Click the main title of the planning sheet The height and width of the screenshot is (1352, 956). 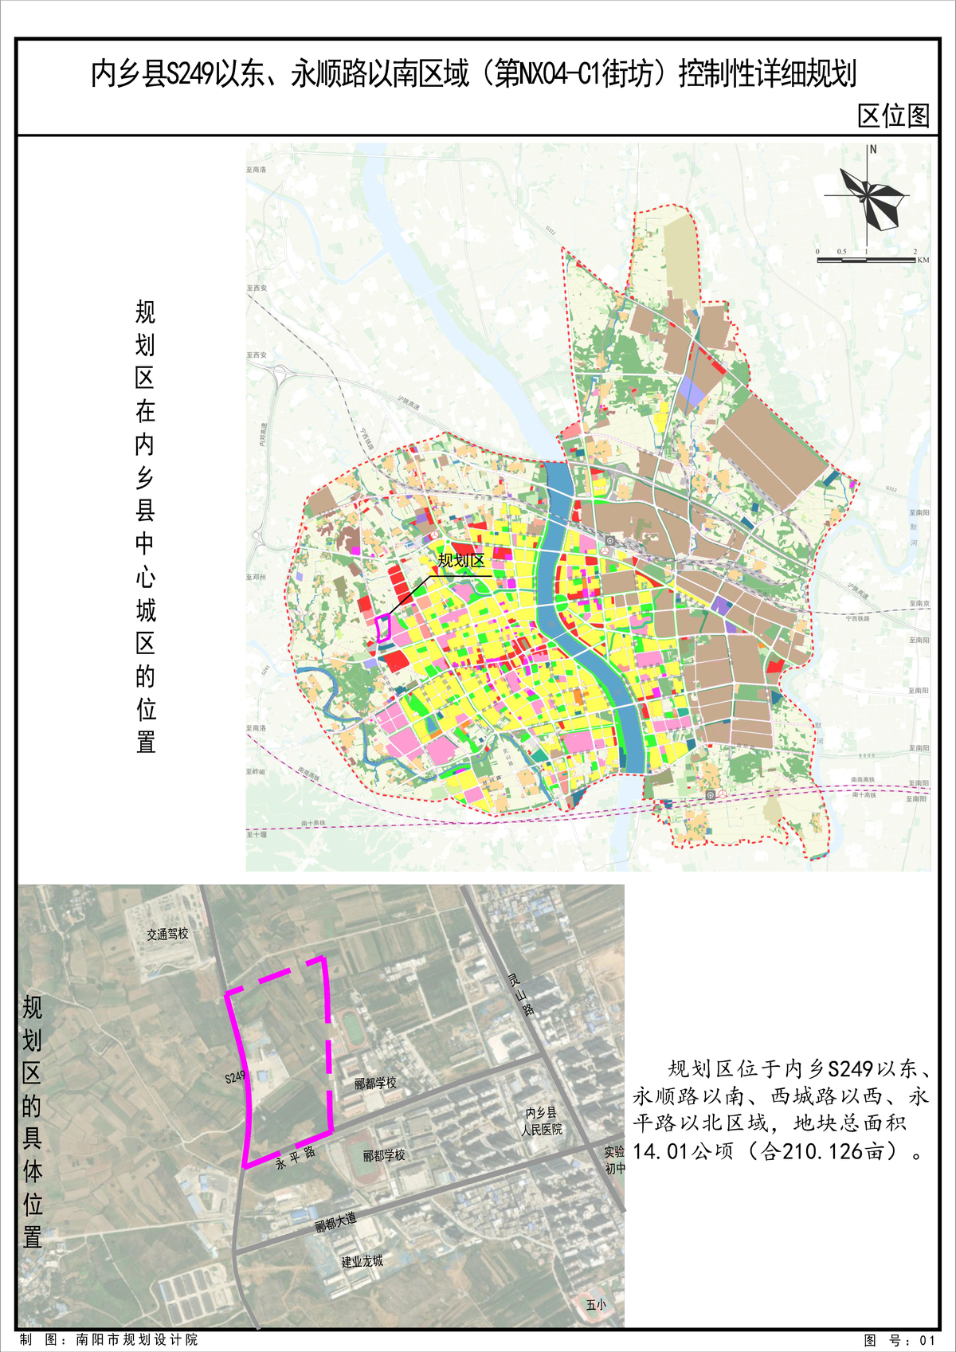pyautogui.click(x=473, y=74)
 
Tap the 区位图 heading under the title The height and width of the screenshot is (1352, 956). pyautogui.click(x=893, y=116)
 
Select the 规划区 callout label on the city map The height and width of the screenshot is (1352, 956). pyautogui.click(x=460, y=561)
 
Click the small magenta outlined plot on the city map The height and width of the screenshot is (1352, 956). pyautogui.click(x=383, y=628)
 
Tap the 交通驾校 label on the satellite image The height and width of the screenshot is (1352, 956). pyautogui.click(x=167, y=934)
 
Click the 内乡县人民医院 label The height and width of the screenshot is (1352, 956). pyautogui.click(x=542, y=1121)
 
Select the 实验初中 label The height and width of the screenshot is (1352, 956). pyautogui.click(x=614, y=1160)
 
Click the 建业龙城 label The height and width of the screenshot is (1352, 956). pyautogui.click(x=362, y=1261)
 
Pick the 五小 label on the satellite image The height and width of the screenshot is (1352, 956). pyautogui.click(x=596, y=1304)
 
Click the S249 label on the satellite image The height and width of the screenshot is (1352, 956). pyautogui.click(x=235, y=1078)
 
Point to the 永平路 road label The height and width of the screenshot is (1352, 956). pyautogui.click(x=296, y=1157)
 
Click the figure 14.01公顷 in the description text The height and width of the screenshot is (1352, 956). pyautogui.click(x=683, y=1151)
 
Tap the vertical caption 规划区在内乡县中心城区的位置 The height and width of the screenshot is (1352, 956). pyautogui.click(x=145, y=526)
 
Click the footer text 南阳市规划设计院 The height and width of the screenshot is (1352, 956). pyautogui.click(x=137, y=1340)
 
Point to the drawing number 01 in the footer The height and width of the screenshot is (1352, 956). pyautogui.click(x=926, y=1340)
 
